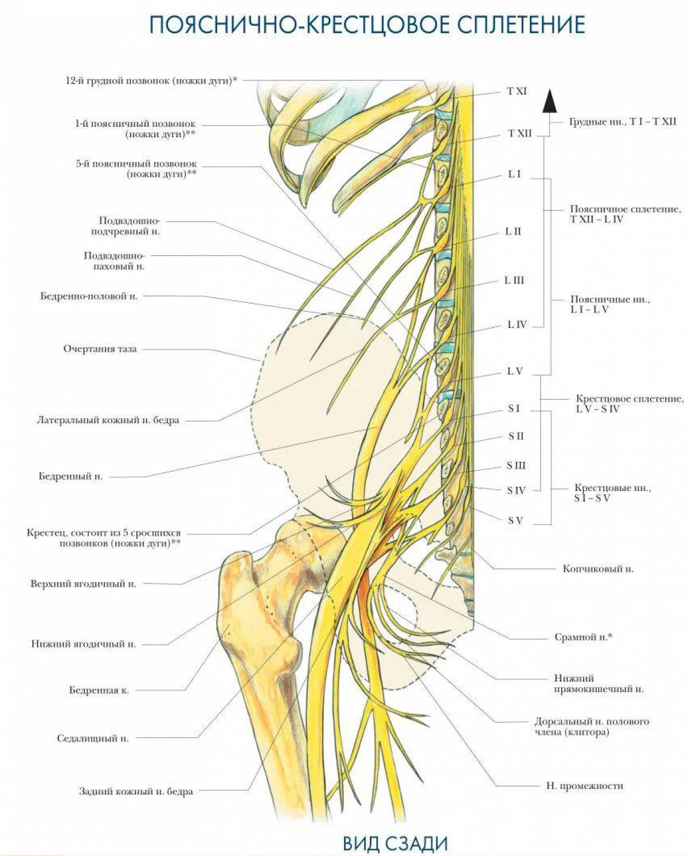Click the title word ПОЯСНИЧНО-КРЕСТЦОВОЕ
[x=298, y=25]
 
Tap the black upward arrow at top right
[x=549, y=101]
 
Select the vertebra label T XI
[x=517, y=91]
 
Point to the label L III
[x=514, y=281]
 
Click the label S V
[x=515, y=521]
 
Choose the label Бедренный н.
[x=71, y=476]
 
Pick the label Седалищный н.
[x=93, y=738]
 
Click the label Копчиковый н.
[x=598, y=569]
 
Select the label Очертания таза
[x=100, y=349]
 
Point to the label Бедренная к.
[x=99, y=690]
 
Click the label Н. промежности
[x=584, y=785]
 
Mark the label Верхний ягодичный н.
[x=83, y=584]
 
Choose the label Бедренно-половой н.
[x=89, y=297]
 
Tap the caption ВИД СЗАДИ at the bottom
[x=395, y=843]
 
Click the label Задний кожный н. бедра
[x=136, y=791]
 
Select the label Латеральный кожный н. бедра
[x=108, y=420]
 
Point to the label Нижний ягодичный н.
[x=83, y=644]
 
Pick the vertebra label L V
[x=515, y=371]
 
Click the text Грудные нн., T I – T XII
[x=623, y=122]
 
